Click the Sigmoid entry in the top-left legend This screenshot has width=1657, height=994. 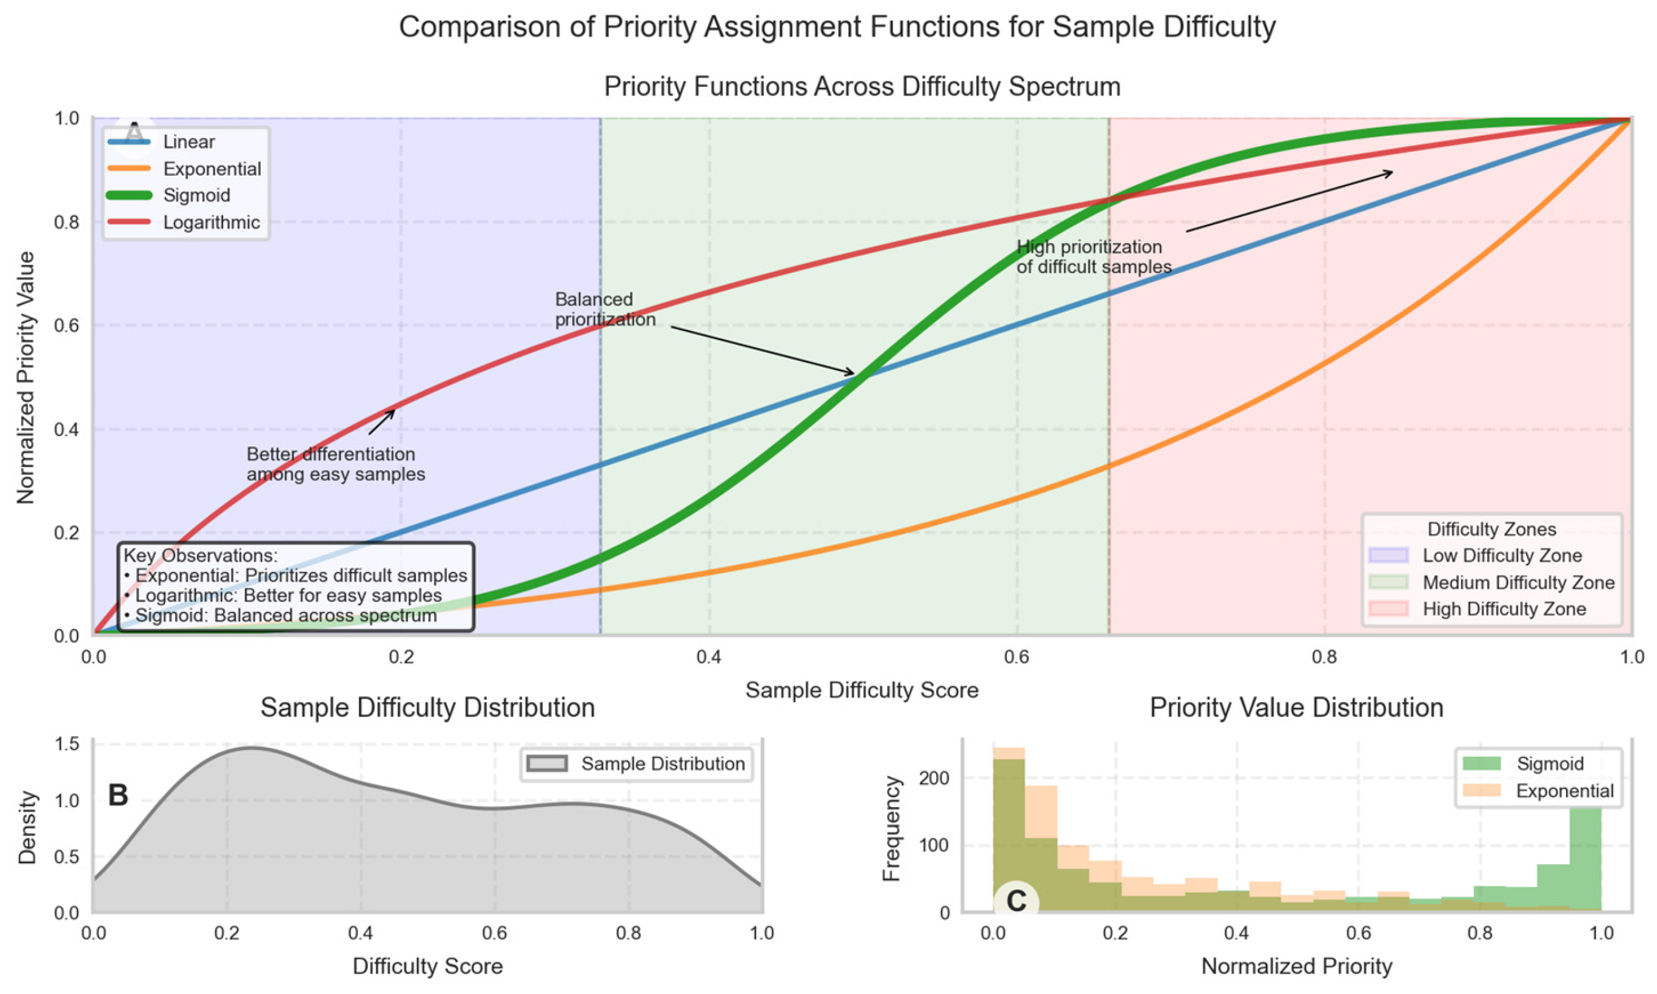[187, 195]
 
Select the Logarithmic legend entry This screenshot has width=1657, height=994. [211, 223]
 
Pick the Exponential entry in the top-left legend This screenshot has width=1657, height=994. [212, 169]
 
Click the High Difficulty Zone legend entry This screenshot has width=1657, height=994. [1504, 609]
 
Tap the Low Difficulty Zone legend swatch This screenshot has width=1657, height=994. [1388, 556]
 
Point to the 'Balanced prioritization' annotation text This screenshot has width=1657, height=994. [604, 309]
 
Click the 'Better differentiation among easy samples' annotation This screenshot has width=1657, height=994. [335, 464]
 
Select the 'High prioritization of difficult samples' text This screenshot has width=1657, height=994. [1093, 257]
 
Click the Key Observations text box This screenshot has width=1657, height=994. [295, 586]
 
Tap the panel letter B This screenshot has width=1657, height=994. [118, 796]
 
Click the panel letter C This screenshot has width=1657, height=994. [1016, 901]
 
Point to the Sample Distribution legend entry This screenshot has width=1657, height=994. [661, 764]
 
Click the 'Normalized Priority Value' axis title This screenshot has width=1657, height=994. [25, 377]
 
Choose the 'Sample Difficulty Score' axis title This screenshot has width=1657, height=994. [862, 691]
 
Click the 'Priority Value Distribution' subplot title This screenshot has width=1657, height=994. [1296, 708]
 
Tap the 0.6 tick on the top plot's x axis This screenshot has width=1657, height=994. [1016, 656]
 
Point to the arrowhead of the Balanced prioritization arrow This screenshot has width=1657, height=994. [853, 374]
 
